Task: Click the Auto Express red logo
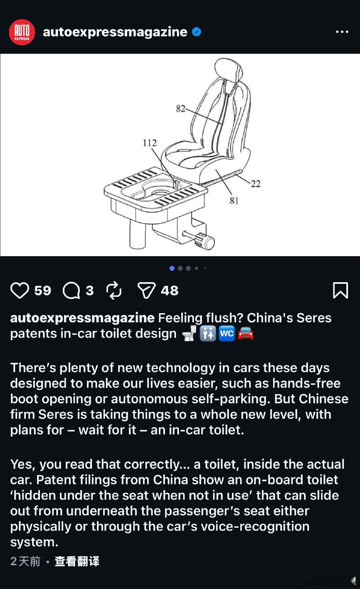[22, 32]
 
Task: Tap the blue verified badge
[197, 32]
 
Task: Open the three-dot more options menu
[342, 32]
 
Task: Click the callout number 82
[180, 109]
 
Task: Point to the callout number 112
[150, 143]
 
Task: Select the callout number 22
[255, 184]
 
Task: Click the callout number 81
[234, 200]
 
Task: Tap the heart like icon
[20, 290]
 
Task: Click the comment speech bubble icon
[71, 291]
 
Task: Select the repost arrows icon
[114, 291]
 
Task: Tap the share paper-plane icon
[147, 290]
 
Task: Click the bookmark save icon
[340, 290]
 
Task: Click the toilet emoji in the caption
[190, 333]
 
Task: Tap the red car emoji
[246, 333]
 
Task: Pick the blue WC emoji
[227, 333]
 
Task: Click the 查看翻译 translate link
[77, 561]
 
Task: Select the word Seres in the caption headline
[314, 318]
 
